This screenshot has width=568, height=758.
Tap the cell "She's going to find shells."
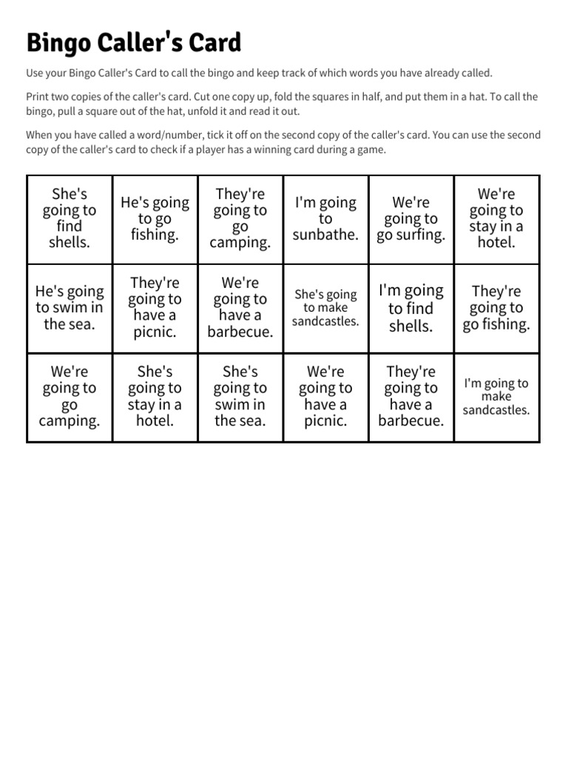tap(70, 218)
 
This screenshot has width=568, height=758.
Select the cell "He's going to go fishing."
tap(155, 218)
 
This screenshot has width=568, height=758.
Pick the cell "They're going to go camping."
tap(240, 218)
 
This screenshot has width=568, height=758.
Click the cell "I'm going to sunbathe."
tap(326, 218)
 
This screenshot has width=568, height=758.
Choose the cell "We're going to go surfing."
tap(411, 218)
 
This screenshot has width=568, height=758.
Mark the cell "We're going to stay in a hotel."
tap(496, 218)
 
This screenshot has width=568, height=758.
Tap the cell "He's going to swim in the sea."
tap(70, 308)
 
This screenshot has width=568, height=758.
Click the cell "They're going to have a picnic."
tap(155, 308)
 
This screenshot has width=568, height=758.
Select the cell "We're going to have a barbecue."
tap(240, 308)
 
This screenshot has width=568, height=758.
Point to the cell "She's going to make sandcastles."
tap(326, 308)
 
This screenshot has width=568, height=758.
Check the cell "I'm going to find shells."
tap(411, 308)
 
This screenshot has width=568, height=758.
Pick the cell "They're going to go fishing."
tap(496, 308)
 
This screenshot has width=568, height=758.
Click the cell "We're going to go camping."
tap(70, 397)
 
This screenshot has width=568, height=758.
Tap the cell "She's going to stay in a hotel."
tap(155, 397)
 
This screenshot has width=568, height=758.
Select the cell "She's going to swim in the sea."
tap(240, 397)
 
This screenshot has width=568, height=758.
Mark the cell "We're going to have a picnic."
tap(326, 397)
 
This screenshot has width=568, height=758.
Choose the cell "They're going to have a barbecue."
tap(411, 397)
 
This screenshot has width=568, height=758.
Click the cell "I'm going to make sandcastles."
tap(496, 397)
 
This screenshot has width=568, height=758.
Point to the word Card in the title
tap(214, 43)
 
